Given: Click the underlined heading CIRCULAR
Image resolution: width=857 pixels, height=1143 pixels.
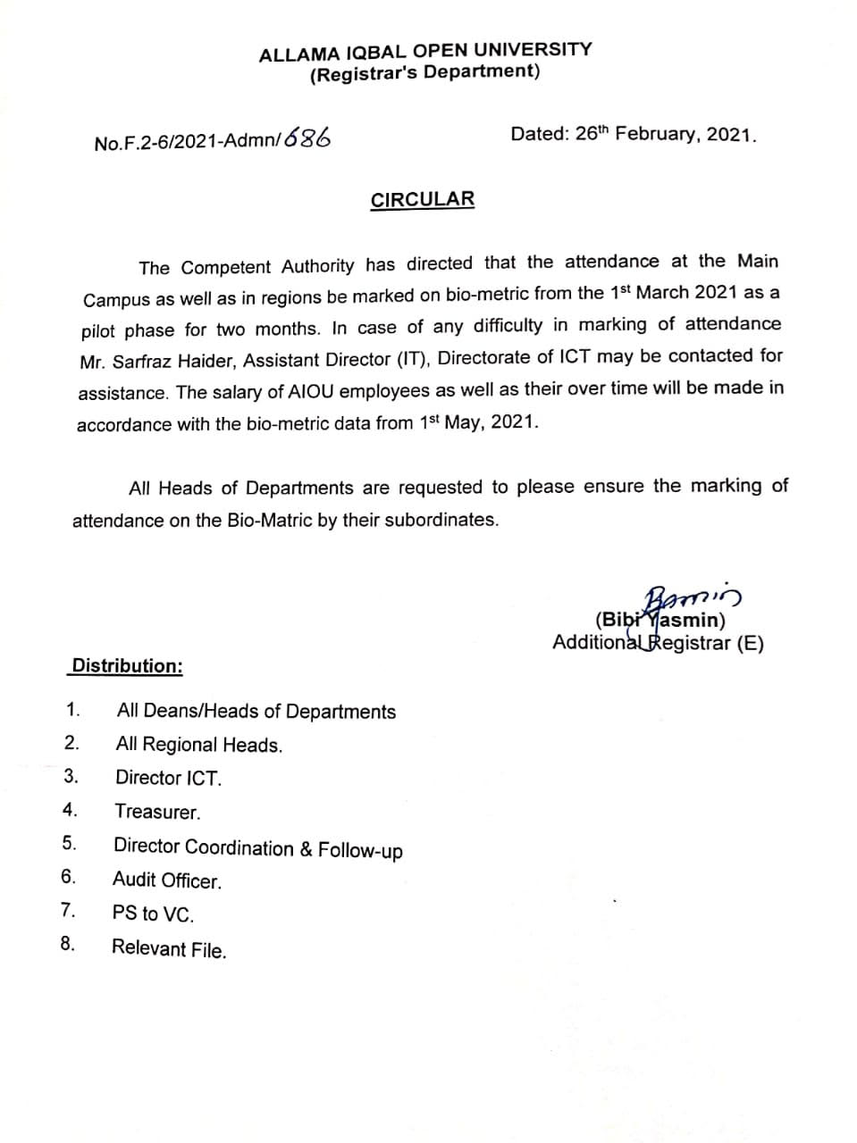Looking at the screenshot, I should [423, 199].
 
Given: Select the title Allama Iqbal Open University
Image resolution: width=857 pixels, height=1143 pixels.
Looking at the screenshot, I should [425, 51].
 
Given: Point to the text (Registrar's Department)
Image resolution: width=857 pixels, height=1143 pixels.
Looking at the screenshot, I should [424, 73].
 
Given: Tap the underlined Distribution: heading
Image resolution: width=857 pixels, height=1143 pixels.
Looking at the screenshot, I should [127, 666].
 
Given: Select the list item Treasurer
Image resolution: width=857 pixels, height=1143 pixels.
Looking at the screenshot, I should [157, 812].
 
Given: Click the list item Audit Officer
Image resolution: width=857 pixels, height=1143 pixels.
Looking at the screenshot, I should [167, 880].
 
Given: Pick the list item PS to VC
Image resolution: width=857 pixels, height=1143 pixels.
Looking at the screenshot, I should [153, 914].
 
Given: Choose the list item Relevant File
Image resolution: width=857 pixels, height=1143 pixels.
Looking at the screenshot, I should [169, 948].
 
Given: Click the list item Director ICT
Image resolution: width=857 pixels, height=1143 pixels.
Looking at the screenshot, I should [168, 778].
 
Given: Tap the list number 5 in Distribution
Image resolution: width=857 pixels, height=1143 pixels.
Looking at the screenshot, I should [69, 843].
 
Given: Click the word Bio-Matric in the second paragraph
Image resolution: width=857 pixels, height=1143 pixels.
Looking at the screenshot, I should [269, 520].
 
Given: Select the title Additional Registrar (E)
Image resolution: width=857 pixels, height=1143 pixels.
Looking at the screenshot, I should [658, 643].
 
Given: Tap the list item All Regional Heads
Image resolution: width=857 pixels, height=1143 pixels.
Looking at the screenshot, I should [199, 745].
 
